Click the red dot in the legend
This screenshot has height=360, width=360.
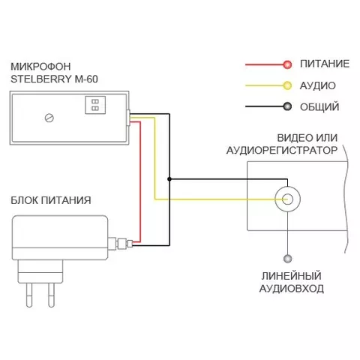287,64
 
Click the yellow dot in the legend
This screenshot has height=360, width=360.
287,85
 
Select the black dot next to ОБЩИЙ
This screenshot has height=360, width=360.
287,106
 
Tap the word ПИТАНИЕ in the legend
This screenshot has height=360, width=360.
325,64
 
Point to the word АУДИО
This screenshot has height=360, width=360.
317,85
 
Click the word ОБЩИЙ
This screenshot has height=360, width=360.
319,107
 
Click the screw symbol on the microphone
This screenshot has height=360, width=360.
49,118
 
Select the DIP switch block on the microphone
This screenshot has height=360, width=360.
95,105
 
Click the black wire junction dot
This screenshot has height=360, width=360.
169,179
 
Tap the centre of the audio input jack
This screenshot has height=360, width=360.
287,199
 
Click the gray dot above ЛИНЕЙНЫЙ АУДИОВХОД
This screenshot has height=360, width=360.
288,259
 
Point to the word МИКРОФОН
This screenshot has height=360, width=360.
40,67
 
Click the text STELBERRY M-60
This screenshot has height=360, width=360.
54,79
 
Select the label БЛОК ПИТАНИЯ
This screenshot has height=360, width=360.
51,200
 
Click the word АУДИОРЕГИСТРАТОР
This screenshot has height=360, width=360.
282,150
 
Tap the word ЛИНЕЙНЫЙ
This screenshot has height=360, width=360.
292,276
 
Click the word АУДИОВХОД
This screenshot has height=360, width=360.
292,289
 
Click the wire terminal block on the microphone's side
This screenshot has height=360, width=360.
128,118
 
